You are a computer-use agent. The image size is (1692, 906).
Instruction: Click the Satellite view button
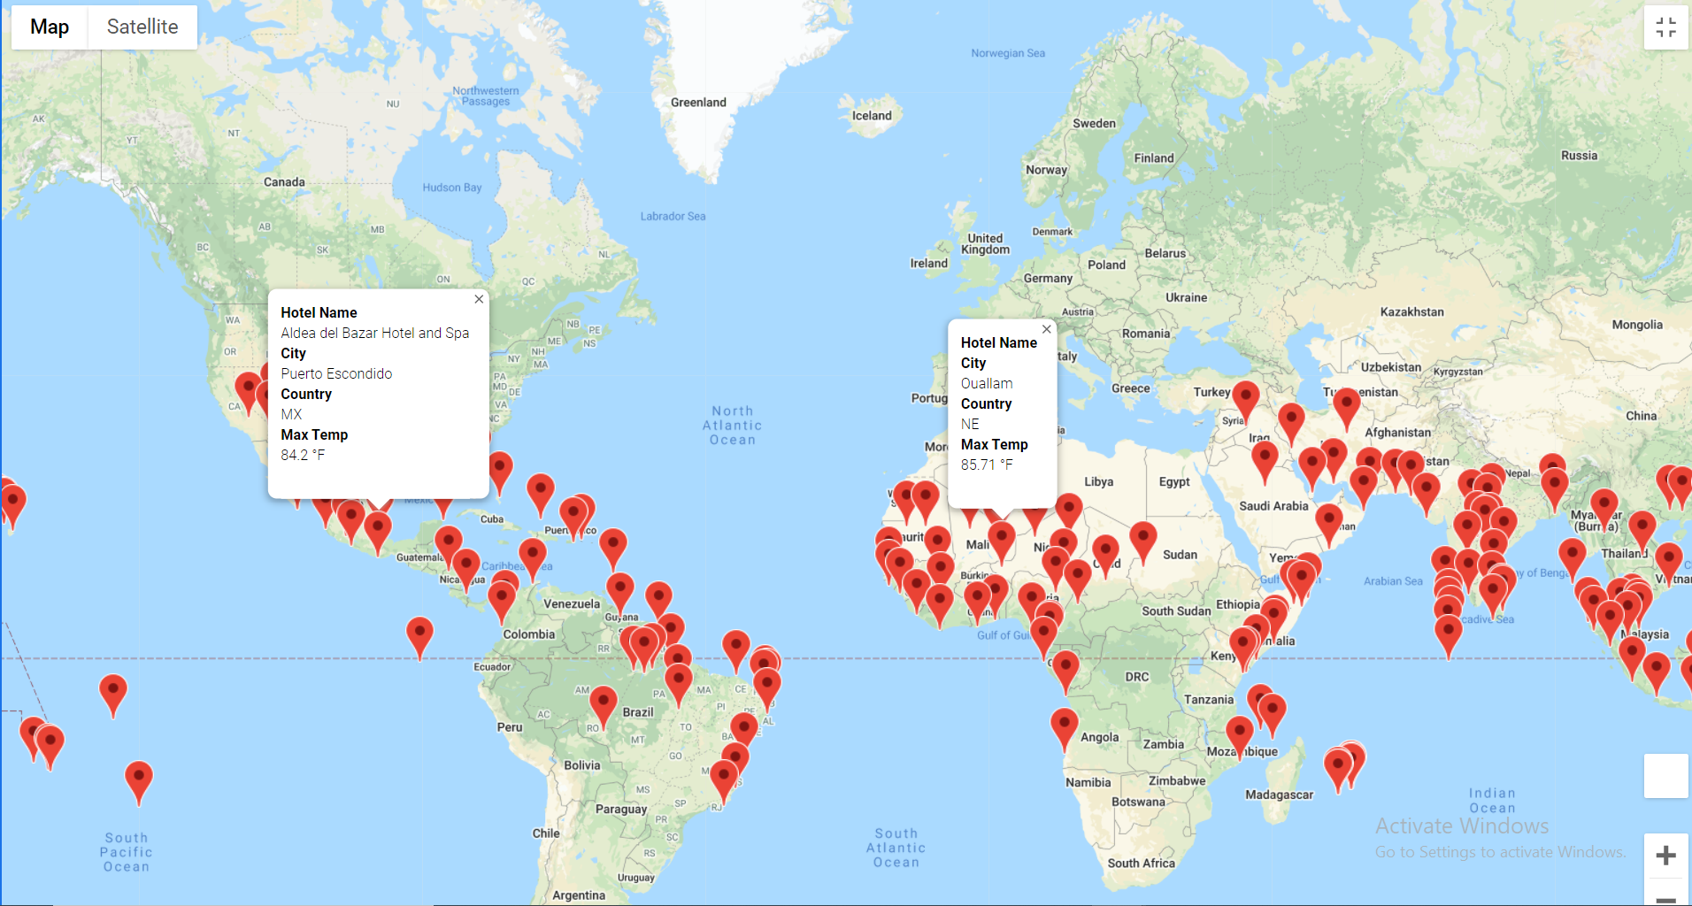click(x=142, y=27)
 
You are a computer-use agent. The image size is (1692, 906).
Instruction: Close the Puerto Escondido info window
click(x=479, y=299)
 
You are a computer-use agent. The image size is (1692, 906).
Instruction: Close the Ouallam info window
click(x=1047, y=329)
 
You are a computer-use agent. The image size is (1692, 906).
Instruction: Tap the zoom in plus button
click(x=1665, y=856)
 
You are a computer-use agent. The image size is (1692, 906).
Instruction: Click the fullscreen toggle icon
click(x=1665, y=27)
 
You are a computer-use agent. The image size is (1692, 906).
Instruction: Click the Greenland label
click(x=698, y=103)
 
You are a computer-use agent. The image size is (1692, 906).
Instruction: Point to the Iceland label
click(x=872, y=116)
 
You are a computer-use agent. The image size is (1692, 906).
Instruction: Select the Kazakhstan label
click(x=1411, y=312)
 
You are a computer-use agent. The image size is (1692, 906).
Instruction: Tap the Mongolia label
click(x=1636, y=325)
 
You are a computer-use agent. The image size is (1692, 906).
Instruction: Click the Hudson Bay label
click(x=451, y=188)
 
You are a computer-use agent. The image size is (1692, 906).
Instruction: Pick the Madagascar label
click(x=1279, y=795)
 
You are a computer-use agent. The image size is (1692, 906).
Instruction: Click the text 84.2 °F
click(x=303, y=456)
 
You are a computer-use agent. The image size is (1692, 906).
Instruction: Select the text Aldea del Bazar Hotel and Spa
click(x=374, y=334)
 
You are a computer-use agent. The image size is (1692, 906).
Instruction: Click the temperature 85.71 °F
click(x=987, y=465)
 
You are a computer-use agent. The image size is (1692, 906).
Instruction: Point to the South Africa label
click(x=1141, y=864)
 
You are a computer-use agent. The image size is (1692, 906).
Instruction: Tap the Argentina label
click(x=579, y=895)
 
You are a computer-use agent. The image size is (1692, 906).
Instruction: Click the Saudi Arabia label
click(x=1273, y=506)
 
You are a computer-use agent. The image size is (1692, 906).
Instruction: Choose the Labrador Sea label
click(x=673, y=217)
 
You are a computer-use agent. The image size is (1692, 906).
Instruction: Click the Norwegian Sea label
click(x=1007, y=54)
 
